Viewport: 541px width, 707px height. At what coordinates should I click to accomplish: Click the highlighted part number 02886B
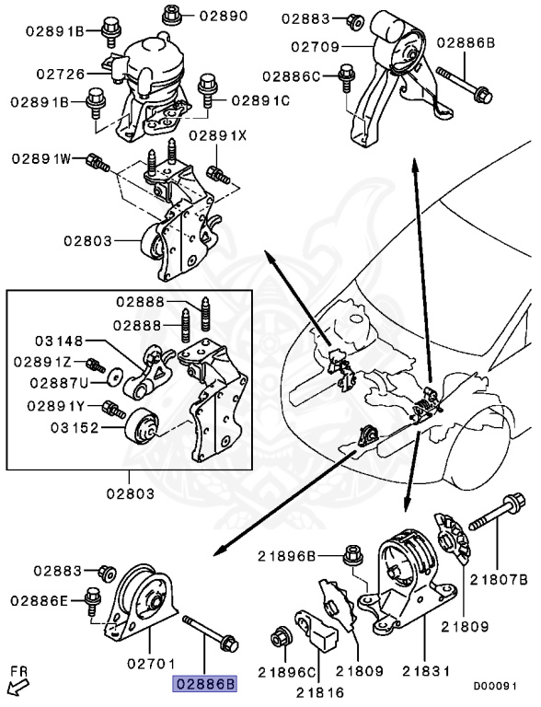tap(201, 684)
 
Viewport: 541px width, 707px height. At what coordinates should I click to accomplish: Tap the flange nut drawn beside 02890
tap(171, 14)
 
